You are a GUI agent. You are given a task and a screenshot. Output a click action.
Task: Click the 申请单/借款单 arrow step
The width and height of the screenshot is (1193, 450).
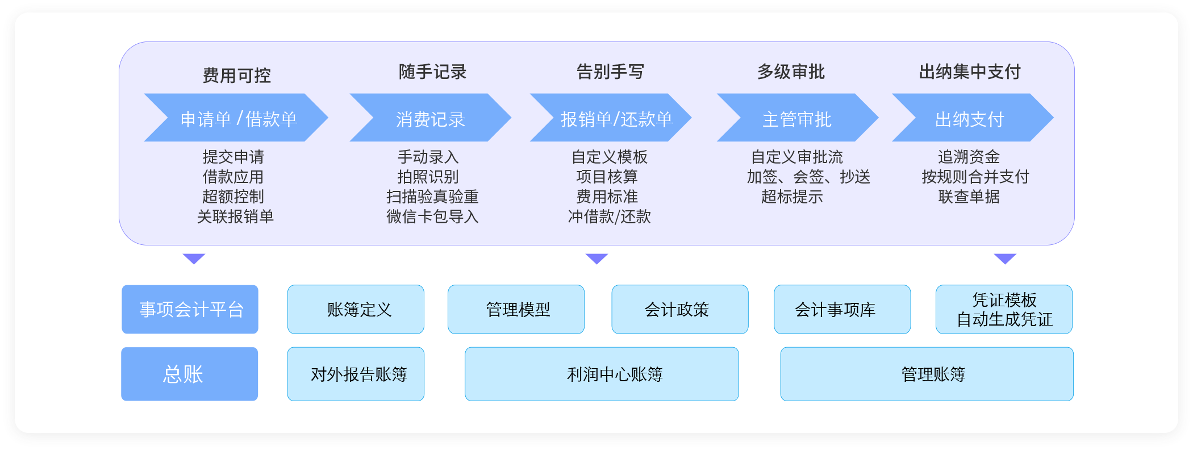pyautogui.click(x=236, y=118)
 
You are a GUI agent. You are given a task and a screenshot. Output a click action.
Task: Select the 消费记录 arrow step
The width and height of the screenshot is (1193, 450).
pyautogui.click(x=431, y=118)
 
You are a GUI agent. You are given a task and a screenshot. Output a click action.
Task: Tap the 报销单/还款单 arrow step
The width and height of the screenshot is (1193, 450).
pyautogui.click(x=611, y=118)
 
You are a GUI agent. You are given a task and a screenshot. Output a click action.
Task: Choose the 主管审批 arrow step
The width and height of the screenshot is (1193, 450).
pyautogui.click(x=798, y=118)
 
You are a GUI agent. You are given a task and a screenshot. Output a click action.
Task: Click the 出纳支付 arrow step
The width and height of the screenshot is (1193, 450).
pyautogui.click(x=973, y=118)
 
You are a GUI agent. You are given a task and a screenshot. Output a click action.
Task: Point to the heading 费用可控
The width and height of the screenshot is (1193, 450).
pyautogui.click(x=237, y=75)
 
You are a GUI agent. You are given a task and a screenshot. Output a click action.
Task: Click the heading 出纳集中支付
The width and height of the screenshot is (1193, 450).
pyautogui.click(x=970, y=72)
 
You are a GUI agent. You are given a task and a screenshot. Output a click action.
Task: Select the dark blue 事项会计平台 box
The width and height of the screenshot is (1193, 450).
pyautogui.click(x=190, y=309)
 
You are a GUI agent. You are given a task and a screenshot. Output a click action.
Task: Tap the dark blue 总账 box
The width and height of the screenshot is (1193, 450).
pyautogui.click(x=189, y=374)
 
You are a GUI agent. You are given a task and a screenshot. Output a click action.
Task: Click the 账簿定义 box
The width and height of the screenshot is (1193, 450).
pyautogui.click(x=356, y=309)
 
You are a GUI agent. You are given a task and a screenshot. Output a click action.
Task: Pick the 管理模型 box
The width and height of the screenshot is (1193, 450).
pyautogui.click(x=516, y=309)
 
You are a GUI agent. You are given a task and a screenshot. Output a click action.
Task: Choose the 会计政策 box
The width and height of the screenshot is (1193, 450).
pyautogui.click(x=680, y=309)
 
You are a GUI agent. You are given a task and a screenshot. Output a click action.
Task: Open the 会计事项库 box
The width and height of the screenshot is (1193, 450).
pyautogui.click(x=842, y=309)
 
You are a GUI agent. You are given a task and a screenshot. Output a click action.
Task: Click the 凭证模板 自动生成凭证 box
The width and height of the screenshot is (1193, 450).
pyautogui.click(x=1004, y=309)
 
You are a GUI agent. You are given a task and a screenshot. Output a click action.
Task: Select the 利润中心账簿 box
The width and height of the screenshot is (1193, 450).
pyautogui.click(x=602, y=374)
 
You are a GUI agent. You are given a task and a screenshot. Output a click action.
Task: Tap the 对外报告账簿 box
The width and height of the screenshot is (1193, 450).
pyautogui.click(x=356, y=374)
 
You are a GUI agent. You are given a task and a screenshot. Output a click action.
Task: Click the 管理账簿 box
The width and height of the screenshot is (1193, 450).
pyautogui.click(x=927, y=374)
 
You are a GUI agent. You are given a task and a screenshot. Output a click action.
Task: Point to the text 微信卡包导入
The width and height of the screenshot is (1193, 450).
pyautogui.click(x=432, y=216)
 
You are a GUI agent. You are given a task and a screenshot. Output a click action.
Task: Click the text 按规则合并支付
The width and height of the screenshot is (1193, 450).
pyautogui.click(x=975, y=177)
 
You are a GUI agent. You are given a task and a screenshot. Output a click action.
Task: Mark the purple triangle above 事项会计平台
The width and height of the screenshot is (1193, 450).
pyautogui.click(x=194, y=258)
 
